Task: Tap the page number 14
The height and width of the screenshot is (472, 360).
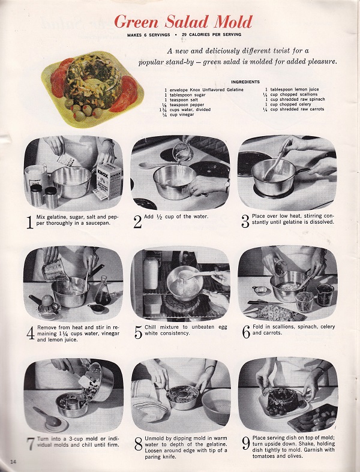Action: pyautogui.click(x=13, y=460)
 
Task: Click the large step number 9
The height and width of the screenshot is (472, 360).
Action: pyautogui.click(x=245, y=444)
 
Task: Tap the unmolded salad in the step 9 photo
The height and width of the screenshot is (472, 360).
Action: pyautogui.click(x=281, y=398)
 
